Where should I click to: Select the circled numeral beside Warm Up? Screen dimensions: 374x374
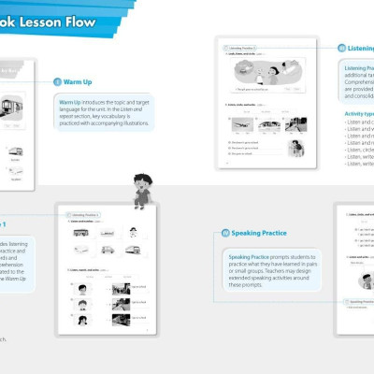point(58,82)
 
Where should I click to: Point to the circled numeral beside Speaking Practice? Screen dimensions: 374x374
point(225,232)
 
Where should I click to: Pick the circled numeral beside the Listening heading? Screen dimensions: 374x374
point(342,48)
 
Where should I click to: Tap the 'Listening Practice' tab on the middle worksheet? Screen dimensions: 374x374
point(85,214)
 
